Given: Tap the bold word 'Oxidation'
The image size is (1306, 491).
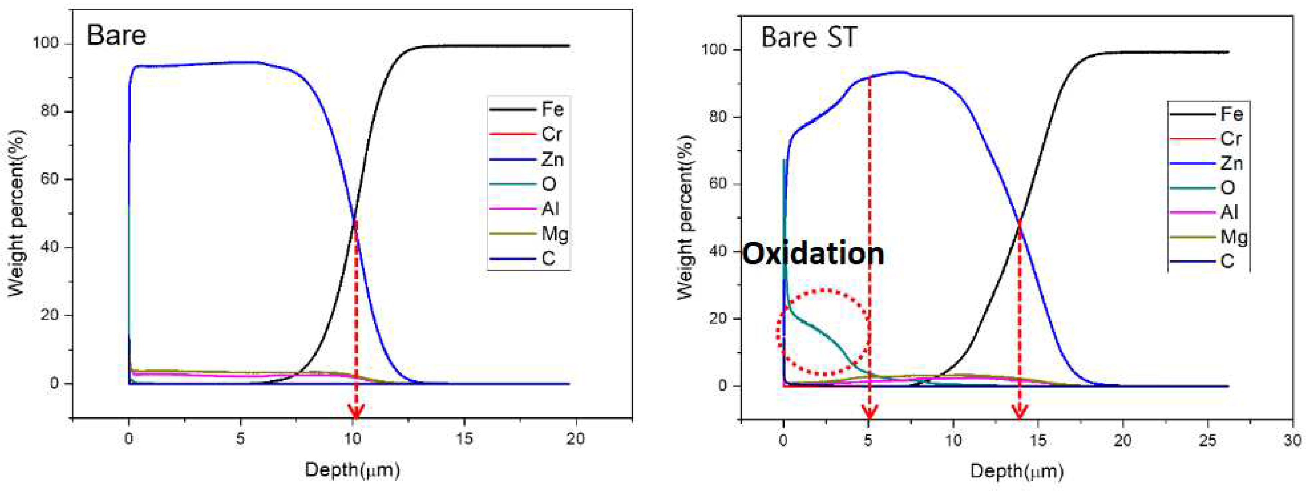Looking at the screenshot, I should [813, 254].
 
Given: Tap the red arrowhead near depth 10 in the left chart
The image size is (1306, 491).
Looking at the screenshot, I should [356, 412].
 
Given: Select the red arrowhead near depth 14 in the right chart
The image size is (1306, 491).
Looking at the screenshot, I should [1020, 412].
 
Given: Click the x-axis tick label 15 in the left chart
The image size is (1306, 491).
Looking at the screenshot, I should [464, 439].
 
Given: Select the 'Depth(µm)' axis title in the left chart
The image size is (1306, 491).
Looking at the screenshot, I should [352, 470].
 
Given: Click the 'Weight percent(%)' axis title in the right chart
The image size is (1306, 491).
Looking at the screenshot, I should [686, 217].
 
